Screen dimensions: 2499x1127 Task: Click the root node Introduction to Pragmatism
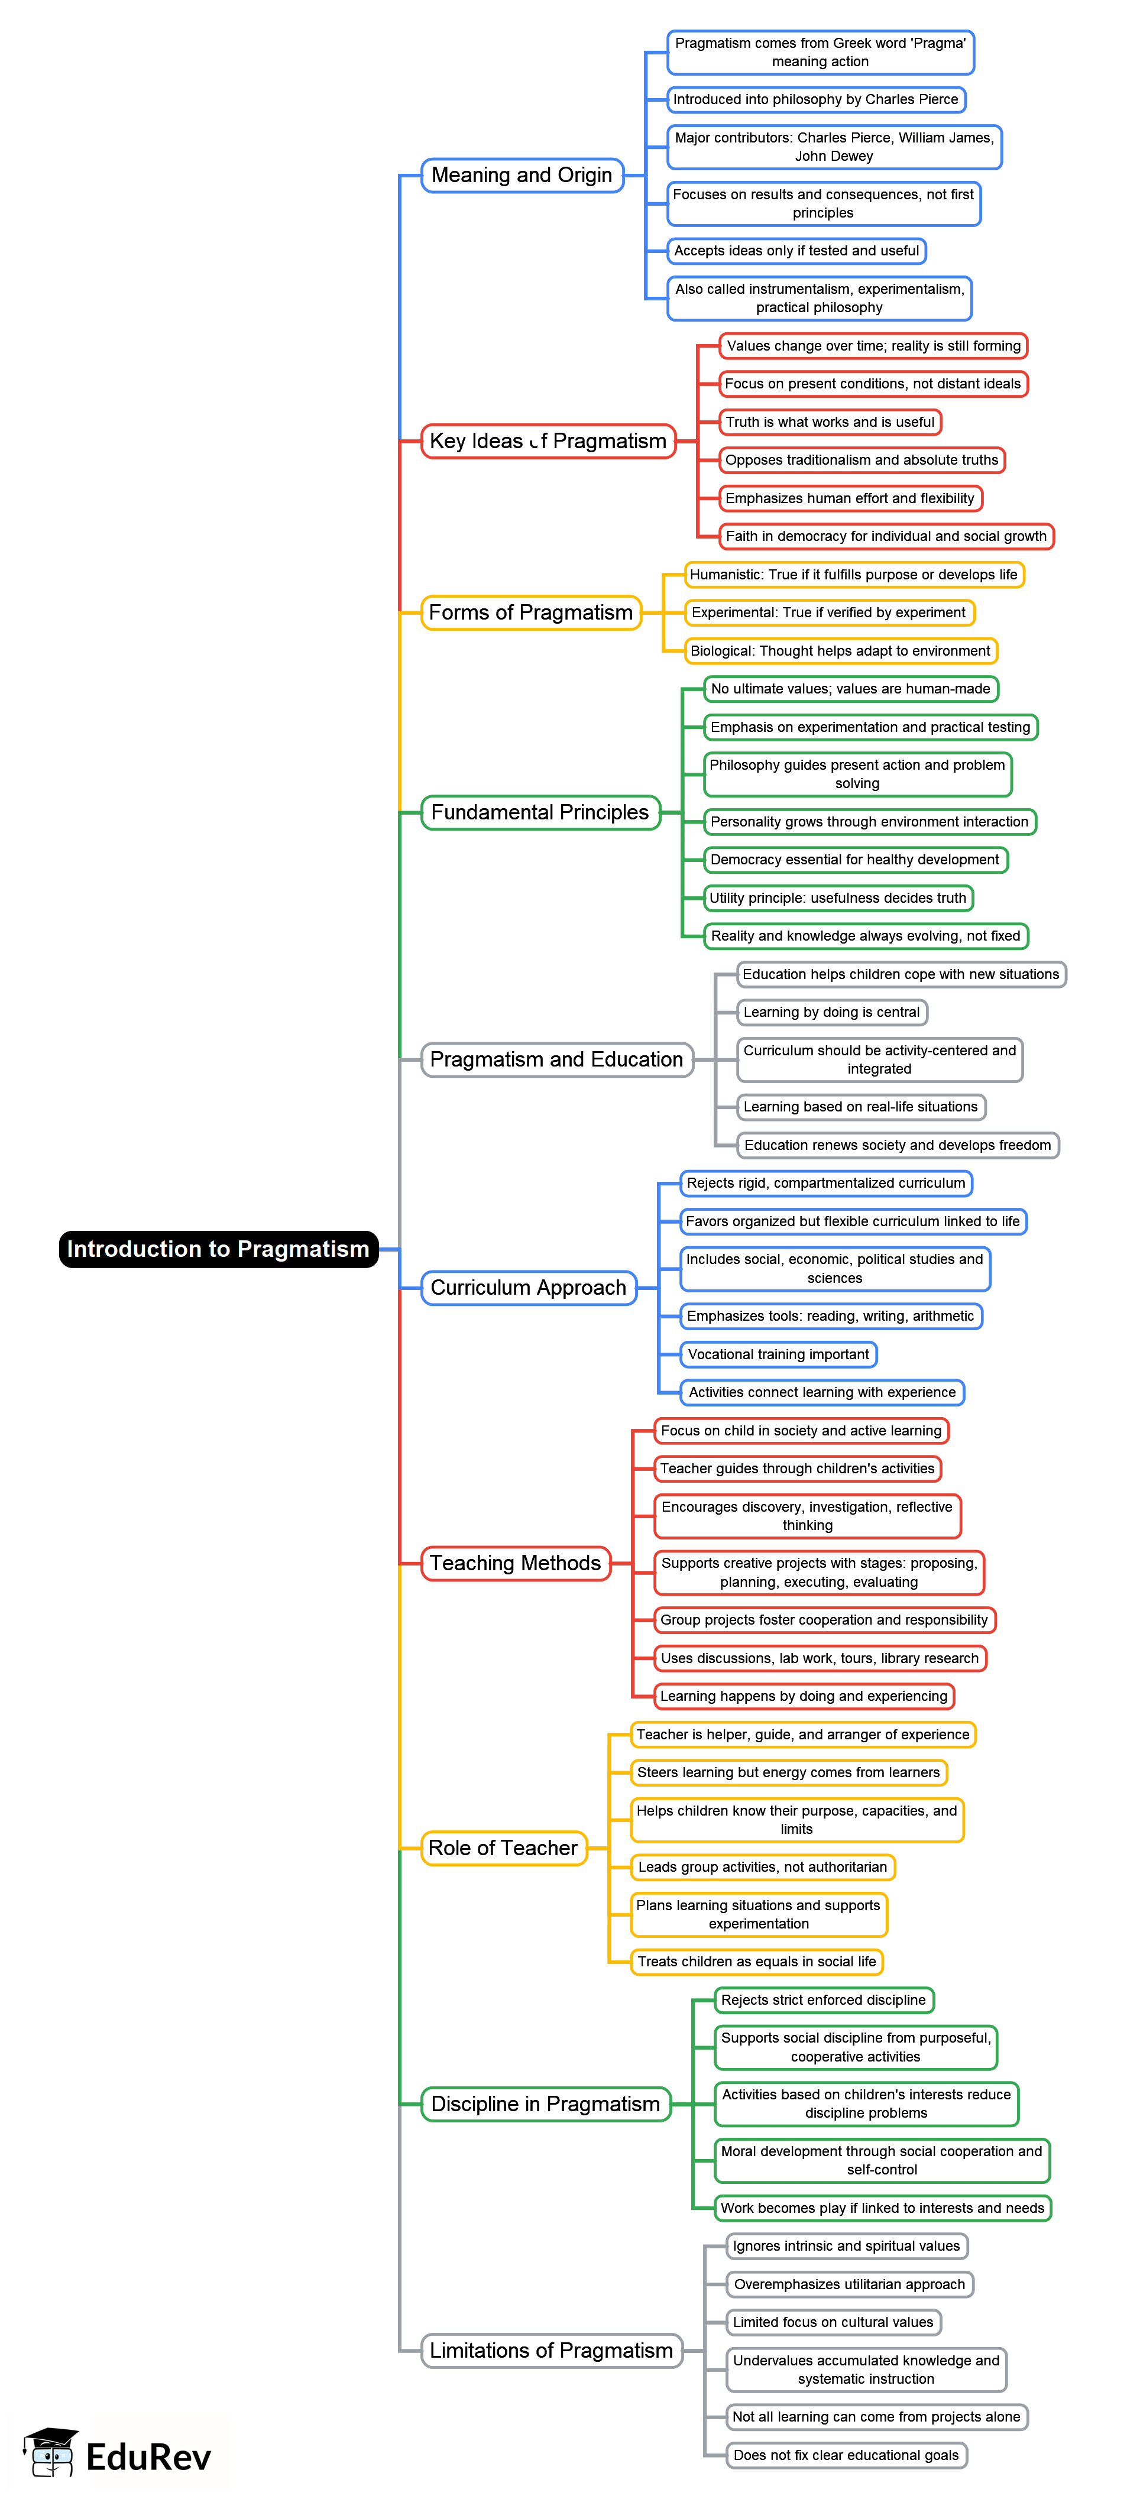click(218, 1249)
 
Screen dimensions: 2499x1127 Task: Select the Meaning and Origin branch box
click(522, 176)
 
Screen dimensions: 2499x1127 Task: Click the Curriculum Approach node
click(529, 1287)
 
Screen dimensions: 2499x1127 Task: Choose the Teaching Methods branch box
click(515, 1563)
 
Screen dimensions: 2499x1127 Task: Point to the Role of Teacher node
click(503, 1848)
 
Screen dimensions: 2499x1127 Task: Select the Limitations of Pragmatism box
click(551, 2351)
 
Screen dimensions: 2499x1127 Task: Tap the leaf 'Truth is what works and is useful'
click(830, 422)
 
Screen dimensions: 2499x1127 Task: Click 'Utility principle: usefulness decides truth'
click(838, 898)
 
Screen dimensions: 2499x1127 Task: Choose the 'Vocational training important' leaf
click(779, 1354)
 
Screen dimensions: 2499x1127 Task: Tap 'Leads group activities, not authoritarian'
click(762, 1868)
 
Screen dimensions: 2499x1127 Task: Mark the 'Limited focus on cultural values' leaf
click(833, 2322)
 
